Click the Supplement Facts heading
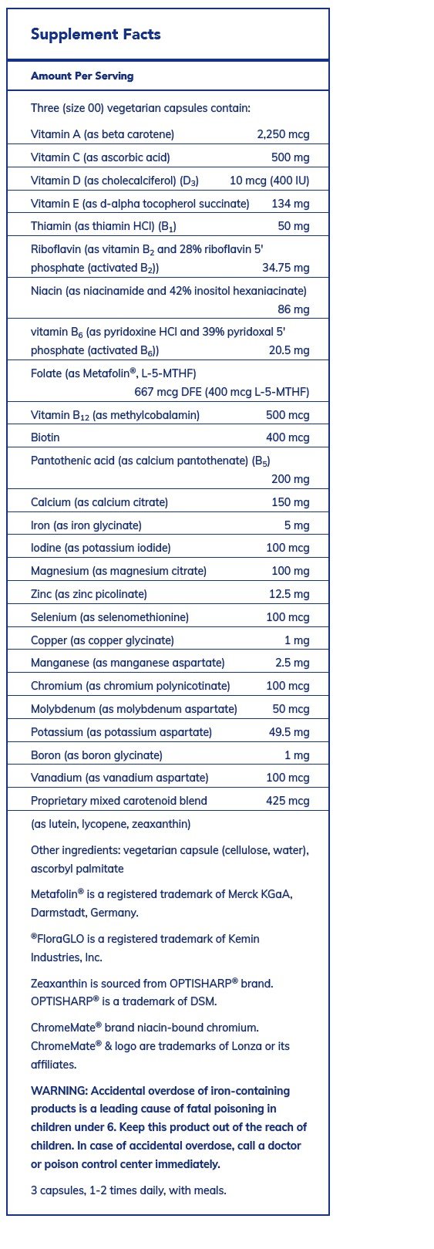(x=96, y=35)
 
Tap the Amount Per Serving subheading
(x=82, y=76)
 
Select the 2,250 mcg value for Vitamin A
(x=283, y=134)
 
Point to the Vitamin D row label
(x=115, y=181)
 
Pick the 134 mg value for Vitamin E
(x=290, y=204)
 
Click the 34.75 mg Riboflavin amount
(x=285, y=268)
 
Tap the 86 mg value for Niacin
(x=293, y=309)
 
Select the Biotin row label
(x=45, y=437)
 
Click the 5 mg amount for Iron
(x=297, y=525)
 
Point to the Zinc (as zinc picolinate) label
(x=89, y=594)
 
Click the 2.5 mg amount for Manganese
(x=292, y=663)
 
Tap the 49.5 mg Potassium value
(x=289, y=732)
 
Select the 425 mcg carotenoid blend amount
(x=288, y=801)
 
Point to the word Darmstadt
(x=56, y=913)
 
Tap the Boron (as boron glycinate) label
(x=96, y=755)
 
